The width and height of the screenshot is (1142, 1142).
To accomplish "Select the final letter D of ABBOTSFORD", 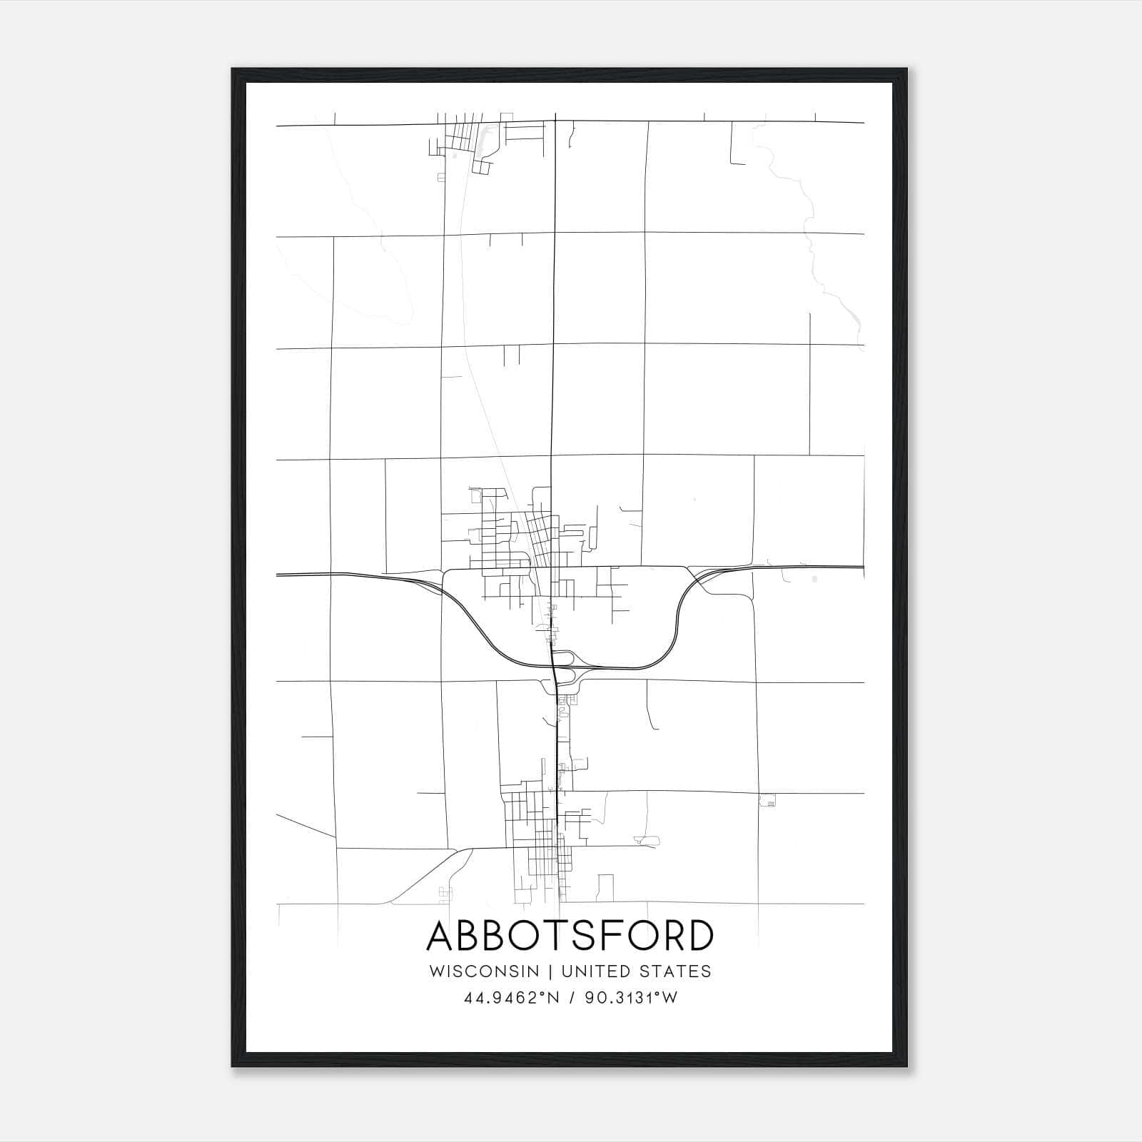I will (700, 936).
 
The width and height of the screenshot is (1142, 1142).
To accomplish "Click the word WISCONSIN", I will (489, 971).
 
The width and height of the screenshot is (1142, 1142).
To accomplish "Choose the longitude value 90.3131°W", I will (631, 999).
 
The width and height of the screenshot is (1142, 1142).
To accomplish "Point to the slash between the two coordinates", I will (571, 999).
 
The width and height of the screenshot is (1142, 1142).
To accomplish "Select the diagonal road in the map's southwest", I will (428, 878).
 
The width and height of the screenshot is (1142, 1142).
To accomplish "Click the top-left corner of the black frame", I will (233, 69).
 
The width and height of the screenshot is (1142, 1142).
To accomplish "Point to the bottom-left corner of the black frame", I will (233, 1066).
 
